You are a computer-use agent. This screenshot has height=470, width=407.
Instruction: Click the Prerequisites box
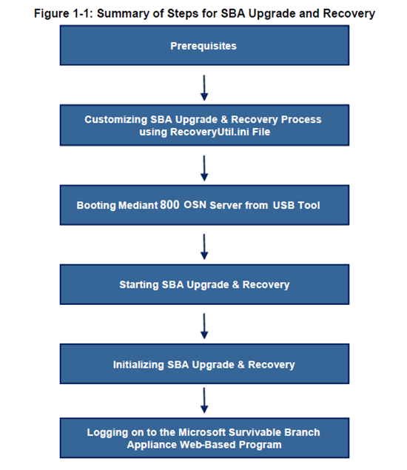[204, 45]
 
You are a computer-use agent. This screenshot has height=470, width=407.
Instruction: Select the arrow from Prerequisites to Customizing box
[204, 88]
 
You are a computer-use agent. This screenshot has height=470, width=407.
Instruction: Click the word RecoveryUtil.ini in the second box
[209, 132]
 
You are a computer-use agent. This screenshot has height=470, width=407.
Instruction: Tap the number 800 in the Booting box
[169, 205]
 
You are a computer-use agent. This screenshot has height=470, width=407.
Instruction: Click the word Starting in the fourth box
[139, 285]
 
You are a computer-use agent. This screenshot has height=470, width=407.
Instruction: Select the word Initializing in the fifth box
[138, 365]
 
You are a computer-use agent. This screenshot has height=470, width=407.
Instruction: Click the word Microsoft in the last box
[202, 432]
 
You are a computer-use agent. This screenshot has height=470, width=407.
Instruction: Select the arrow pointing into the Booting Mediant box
[204, 168]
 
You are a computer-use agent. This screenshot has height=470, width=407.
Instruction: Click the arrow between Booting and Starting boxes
[204, 246]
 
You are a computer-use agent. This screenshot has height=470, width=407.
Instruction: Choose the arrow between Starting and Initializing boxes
[204, 326]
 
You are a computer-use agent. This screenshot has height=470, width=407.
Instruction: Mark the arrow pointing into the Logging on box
[204, 400]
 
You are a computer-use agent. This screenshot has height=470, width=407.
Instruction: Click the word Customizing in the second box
[115, 120]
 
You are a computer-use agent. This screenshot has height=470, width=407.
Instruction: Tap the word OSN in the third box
[195, 205]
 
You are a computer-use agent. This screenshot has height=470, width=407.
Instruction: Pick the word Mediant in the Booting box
[138, 205]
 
